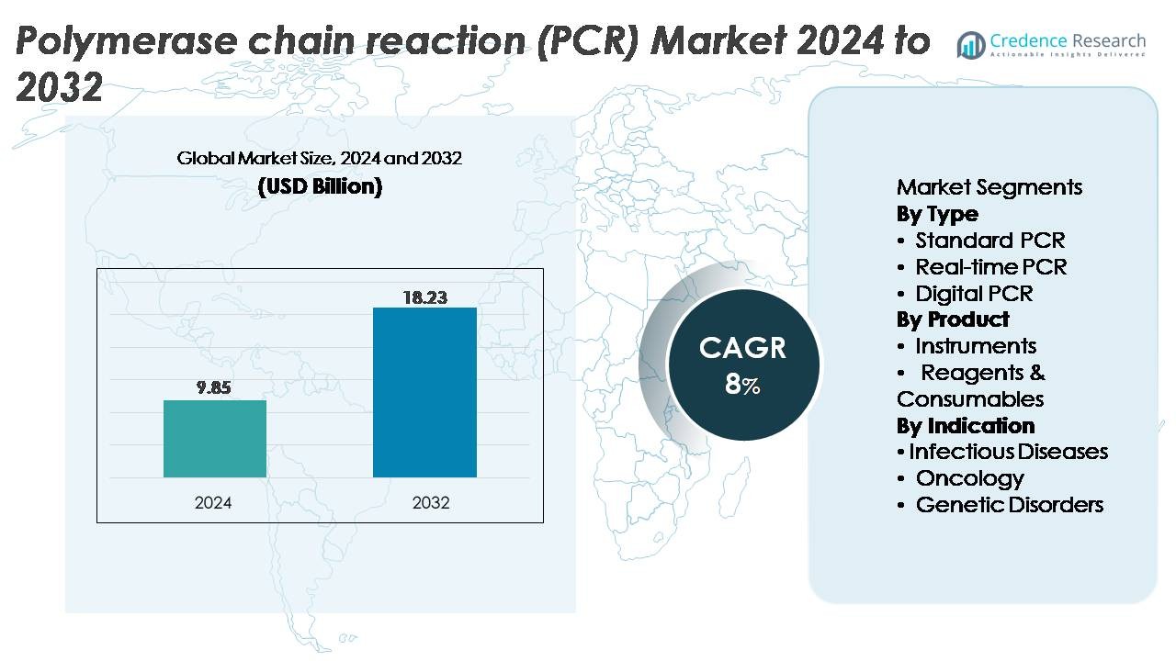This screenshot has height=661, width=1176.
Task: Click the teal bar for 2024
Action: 215,439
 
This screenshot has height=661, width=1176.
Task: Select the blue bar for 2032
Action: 424,392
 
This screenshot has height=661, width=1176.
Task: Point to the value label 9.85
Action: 214,387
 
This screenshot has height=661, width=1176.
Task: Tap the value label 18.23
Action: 424,297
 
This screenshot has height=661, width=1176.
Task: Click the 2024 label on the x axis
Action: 214,502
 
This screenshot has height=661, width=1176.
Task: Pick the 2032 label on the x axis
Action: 430,502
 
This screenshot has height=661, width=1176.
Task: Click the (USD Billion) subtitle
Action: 320,186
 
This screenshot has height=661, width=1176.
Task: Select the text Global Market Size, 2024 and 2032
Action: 320,158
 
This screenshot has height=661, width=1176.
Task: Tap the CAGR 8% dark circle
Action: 742,364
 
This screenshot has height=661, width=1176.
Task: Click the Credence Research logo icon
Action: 970,44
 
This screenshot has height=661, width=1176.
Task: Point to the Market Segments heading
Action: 989,187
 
